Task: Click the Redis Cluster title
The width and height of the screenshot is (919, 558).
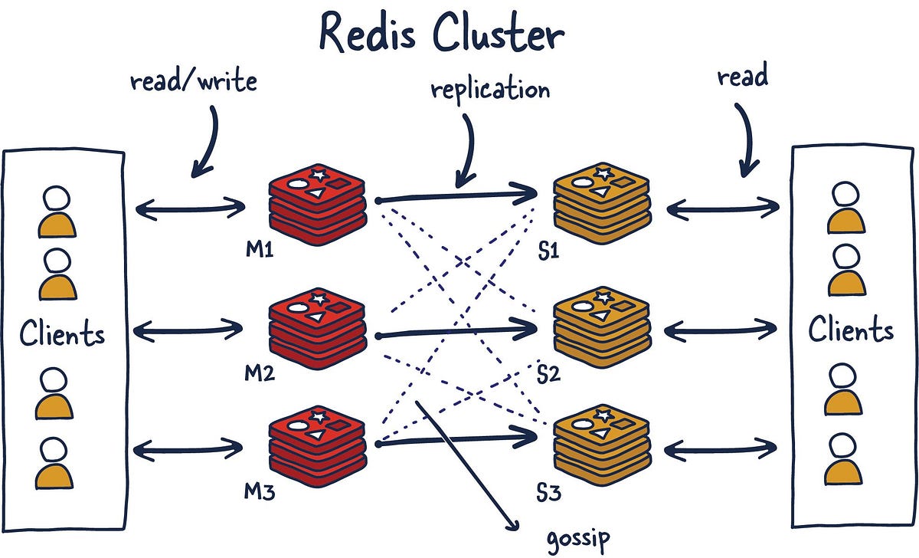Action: click(x=442, y=34)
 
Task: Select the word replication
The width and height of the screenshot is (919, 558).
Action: click(x=490, y=90)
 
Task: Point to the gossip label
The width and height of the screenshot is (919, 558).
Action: click(x=579, y=540)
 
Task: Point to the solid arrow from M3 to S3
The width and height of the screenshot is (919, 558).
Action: click(x=456, y=438)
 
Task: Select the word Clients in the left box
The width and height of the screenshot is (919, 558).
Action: click(x=62, y=334)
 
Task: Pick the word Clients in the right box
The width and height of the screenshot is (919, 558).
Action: click(x=851, y=330)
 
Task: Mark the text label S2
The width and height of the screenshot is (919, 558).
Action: click(x=548, y=375)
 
